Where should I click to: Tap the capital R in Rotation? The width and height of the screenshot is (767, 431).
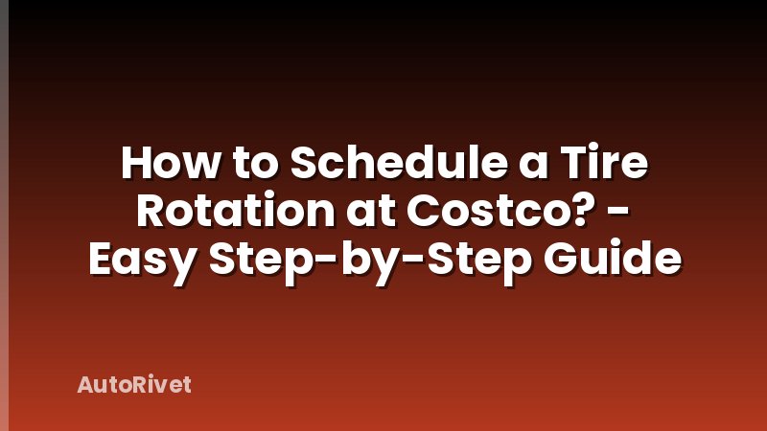pos(152,213)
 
